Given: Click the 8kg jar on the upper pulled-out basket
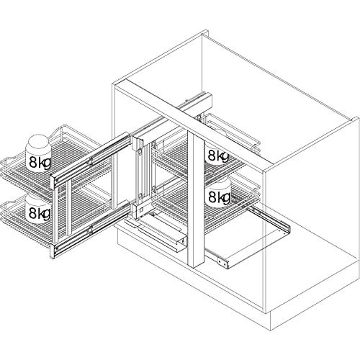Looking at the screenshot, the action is click(38, 153).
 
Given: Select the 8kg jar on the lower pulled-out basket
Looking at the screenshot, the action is click(38, 208).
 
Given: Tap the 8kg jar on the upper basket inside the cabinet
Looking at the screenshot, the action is click(217, 153).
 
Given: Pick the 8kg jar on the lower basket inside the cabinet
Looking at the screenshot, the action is click(218, 193).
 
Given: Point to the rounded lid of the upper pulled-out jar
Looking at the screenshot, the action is click(38, 142).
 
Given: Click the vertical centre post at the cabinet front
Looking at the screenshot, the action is click(196, 200).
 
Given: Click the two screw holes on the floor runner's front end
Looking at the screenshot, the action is click(222, 261).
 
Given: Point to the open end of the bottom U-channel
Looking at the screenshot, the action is click(181, 243).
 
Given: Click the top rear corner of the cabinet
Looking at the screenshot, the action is click(206, 32).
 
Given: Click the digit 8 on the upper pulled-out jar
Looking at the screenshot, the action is click(33, 163).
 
